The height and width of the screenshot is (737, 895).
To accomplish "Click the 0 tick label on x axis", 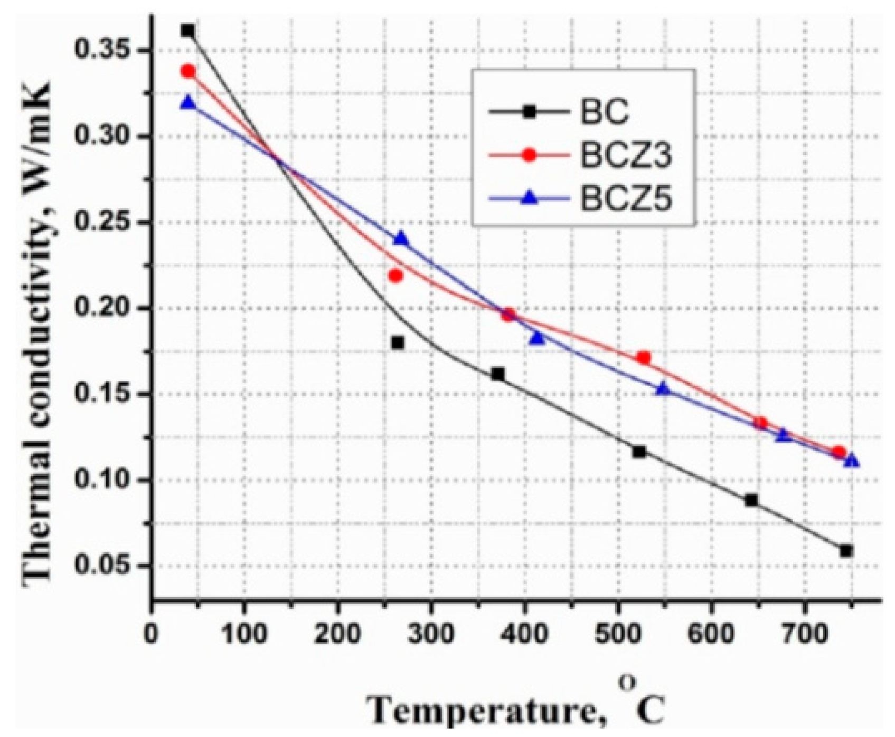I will point(152,634).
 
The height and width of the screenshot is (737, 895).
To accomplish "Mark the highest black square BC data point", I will point(187,31).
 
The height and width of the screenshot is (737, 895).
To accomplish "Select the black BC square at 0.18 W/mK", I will point(398,343).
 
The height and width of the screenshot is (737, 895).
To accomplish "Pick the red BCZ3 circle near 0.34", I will point(188,71).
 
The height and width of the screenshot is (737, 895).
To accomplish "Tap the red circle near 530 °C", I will point(643,358).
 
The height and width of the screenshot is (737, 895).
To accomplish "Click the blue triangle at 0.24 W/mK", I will point(401,238).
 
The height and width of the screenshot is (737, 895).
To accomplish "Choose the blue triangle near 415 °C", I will point(538,338).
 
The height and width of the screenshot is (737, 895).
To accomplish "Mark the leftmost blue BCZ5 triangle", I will point(188,103).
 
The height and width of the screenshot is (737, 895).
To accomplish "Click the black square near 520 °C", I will point(639,452).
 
